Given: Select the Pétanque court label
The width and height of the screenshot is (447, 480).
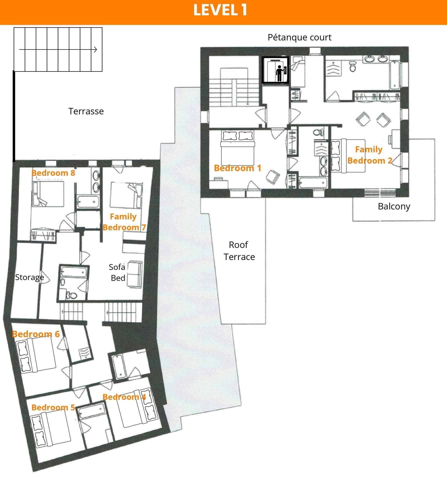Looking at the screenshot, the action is coord(300,37).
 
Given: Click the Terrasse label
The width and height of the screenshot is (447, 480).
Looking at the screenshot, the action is coord(86,111).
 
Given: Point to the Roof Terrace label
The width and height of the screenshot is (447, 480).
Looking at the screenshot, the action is coord(239,251).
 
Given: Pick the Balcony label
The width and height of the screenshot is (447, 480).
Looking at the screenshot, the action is coord(394,206).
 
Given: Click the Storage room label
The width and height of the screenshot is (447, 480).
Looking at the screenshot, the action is coord(29,277).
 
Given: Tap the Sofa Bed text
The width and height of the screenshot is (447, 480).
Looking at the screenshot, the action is coord(117,272).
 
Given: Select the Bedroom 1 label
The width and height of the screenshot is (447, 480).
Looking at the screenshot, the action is coord(237,168).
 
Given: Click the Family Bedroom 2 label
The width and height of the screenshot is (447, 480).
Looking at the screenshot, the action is coord(369,155).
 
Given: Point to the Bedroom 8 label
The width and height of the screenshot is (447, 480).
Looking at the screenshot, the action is coord(53,173).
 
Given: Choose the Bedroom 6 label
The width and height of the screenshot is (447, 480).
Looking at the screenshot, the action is coord(36,334).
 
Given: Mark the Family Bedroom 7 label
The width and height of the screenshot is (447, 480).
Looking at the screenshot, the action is coord(124,222).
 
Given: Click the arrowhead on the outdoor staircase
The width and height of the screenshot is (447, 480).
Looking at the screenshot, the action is coord(95,49).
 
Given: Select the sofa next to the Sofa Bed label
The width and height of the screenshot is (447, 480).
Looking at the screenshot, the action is coord(135,274).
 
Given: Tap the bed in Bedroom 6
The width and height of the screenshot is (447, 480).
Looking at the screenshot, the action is coord(36,355).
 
